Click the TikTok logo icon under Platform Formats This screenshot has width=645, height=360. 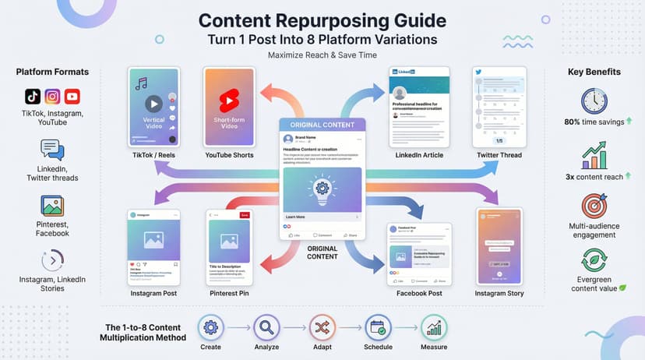tap(32, 97)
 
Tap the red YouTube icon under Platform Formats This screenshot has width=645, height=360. tap(72, 97)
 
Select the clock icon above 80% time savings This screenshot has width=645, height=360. tap(594, 102)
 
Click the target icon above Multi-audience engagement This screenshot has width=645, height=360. tap(594, 206)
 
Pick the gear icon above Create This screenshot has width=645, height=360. tap(210, 328)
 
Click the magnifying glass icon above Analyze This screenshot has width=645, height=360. tap(266, 328)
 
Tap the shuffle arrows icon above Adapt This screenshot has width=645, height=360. tap(322, 328)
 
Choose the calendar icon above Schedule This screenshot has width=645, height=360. tap(379, 328)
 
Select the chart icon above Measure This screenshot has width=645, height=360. tap(435, 328)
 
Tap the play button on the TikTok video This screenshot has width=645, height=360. tap(154, 103)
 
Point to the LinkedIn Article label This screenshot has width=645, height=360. tap(419, 156)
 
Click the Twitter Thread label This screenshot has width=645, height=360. tap(499, 156)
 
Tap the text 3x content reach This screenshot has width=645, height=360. tap(594, 177)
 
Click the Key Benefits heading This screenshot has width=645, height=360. tap(594, 72)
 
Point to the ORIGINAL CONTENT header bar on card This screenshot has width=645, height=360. tap(322, 125)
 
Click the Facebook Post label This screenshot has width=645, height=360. tap(419, 294)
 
